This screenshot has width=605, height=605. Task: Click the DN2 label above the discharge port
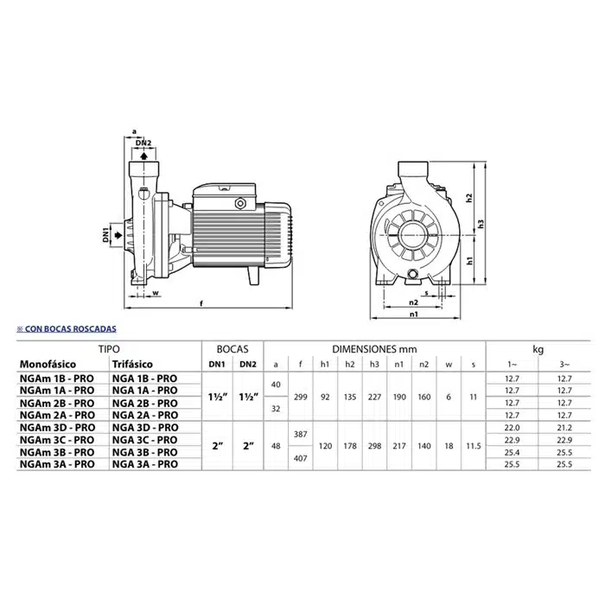coord(143,143)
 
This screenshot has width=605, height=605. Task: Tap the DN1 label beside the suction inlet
coord(106,235)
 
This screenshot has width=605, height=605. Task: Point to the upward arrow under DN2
coord(143,156)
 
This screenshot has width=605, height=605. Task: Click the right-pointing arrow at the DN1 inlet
coord(118,235)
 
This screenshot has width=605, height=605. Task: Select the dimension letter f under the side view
coord(201,303)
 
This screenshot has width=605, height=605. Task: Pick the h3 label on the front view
coord(481,224)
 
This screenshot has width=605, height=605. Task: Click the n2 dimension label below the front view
coord(413,302)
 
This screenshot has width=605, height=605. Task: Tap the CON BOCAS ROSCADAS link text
coord(71,328)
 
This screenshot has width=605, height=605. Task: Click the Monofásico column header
coord(48,364)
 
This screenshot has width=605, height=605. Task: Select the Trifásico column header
coord(132,364)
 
